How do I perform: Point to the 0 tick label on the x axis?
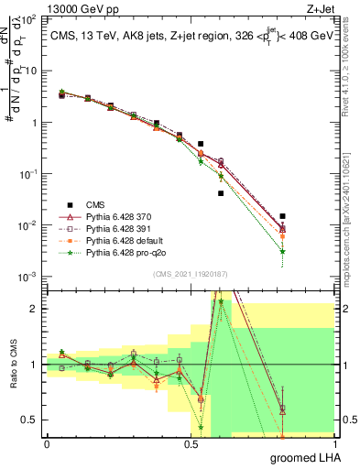(x=47, y=442)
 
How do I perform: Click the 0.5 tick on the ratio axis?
(x=31, y=420)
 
